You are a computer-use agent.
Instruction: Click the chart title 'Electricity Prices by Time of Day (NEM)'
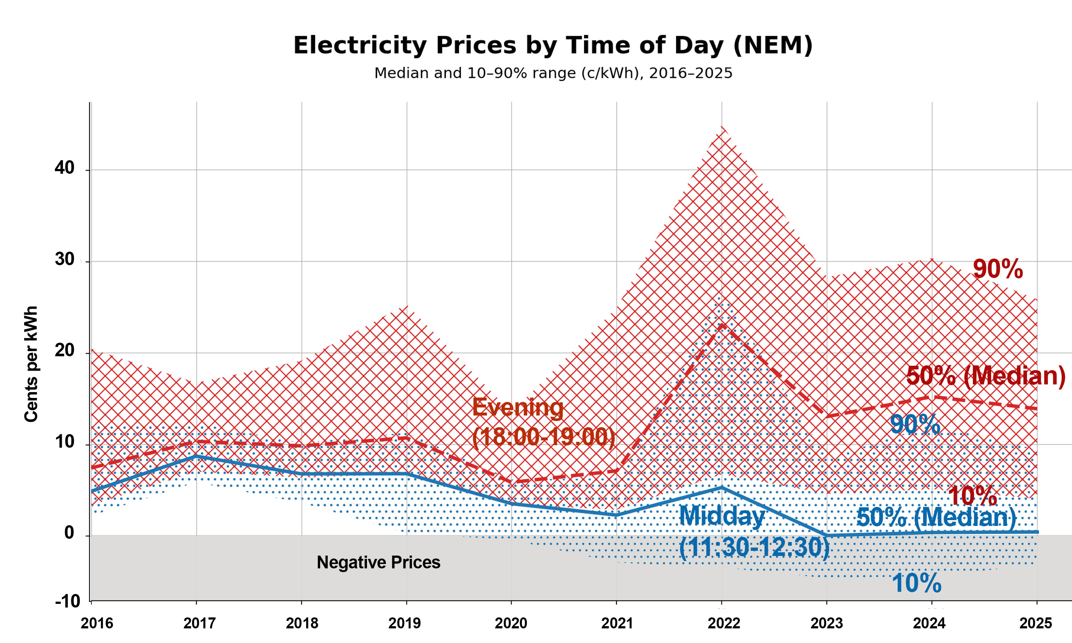point(553,45)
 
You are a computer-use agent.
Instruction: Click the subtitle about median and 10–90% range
point(553,73)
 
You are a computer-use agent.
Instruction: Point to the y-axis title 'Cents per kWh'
point(31,364)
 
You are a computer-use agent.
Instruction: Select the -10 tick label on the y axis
point(68,601)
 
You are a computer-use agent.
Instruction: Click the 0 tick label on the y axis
point(69,533)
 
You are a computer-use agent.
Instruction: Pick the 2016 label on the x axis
point(97,623)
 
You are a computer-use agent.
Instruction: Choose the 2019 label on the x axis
point(404,623)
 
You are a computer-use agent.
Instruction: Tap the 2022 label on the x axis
point(724,623)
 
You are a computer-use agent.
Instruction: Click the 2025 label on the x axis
point(1036,623)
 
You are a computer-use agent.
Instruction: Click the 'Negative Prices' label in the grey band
point(378,563)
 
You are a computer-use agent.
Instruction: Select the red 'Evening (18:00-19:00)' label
point(543,422)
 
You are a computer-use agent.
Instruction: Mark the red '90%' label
point(997,269)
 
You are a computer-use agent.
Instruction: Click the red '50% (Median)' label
point(985,376)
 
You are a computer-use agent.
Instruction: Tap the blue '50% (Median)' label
point(936,517)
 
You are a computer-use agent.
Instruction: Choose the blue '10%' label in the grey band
point(917,583)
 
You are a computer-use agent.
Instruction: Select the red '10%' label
point(972,496)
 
